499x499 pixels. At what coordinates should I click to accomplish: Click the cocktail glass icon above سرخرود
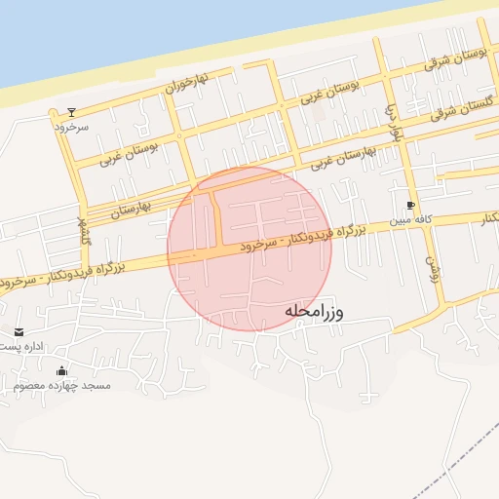click(x=70, y=112)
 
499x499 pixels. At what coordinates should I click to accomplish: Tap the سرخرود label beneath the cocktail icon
click(x=70, y=127)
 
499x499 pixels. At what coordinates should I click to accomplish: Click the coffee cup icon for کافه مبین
click(x=410, y=206)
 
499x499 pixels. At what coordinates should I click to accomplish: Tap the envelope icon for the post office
click(x=19, y=332)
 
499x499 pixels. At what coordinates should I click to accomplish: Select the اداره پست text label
click(x=21, y=347)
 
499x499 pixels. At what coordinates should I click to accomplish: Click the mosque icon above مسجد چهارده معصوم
click(x=62, y=370)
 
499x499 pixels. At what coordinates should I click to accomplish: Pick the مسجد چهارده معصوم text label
click(x=62, y=386)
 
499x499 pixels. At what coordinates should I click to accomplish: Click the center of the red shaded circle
click(x=249, y=249)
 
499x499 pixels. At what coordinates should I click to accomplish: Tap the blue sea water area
click(x=146, y=29)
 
